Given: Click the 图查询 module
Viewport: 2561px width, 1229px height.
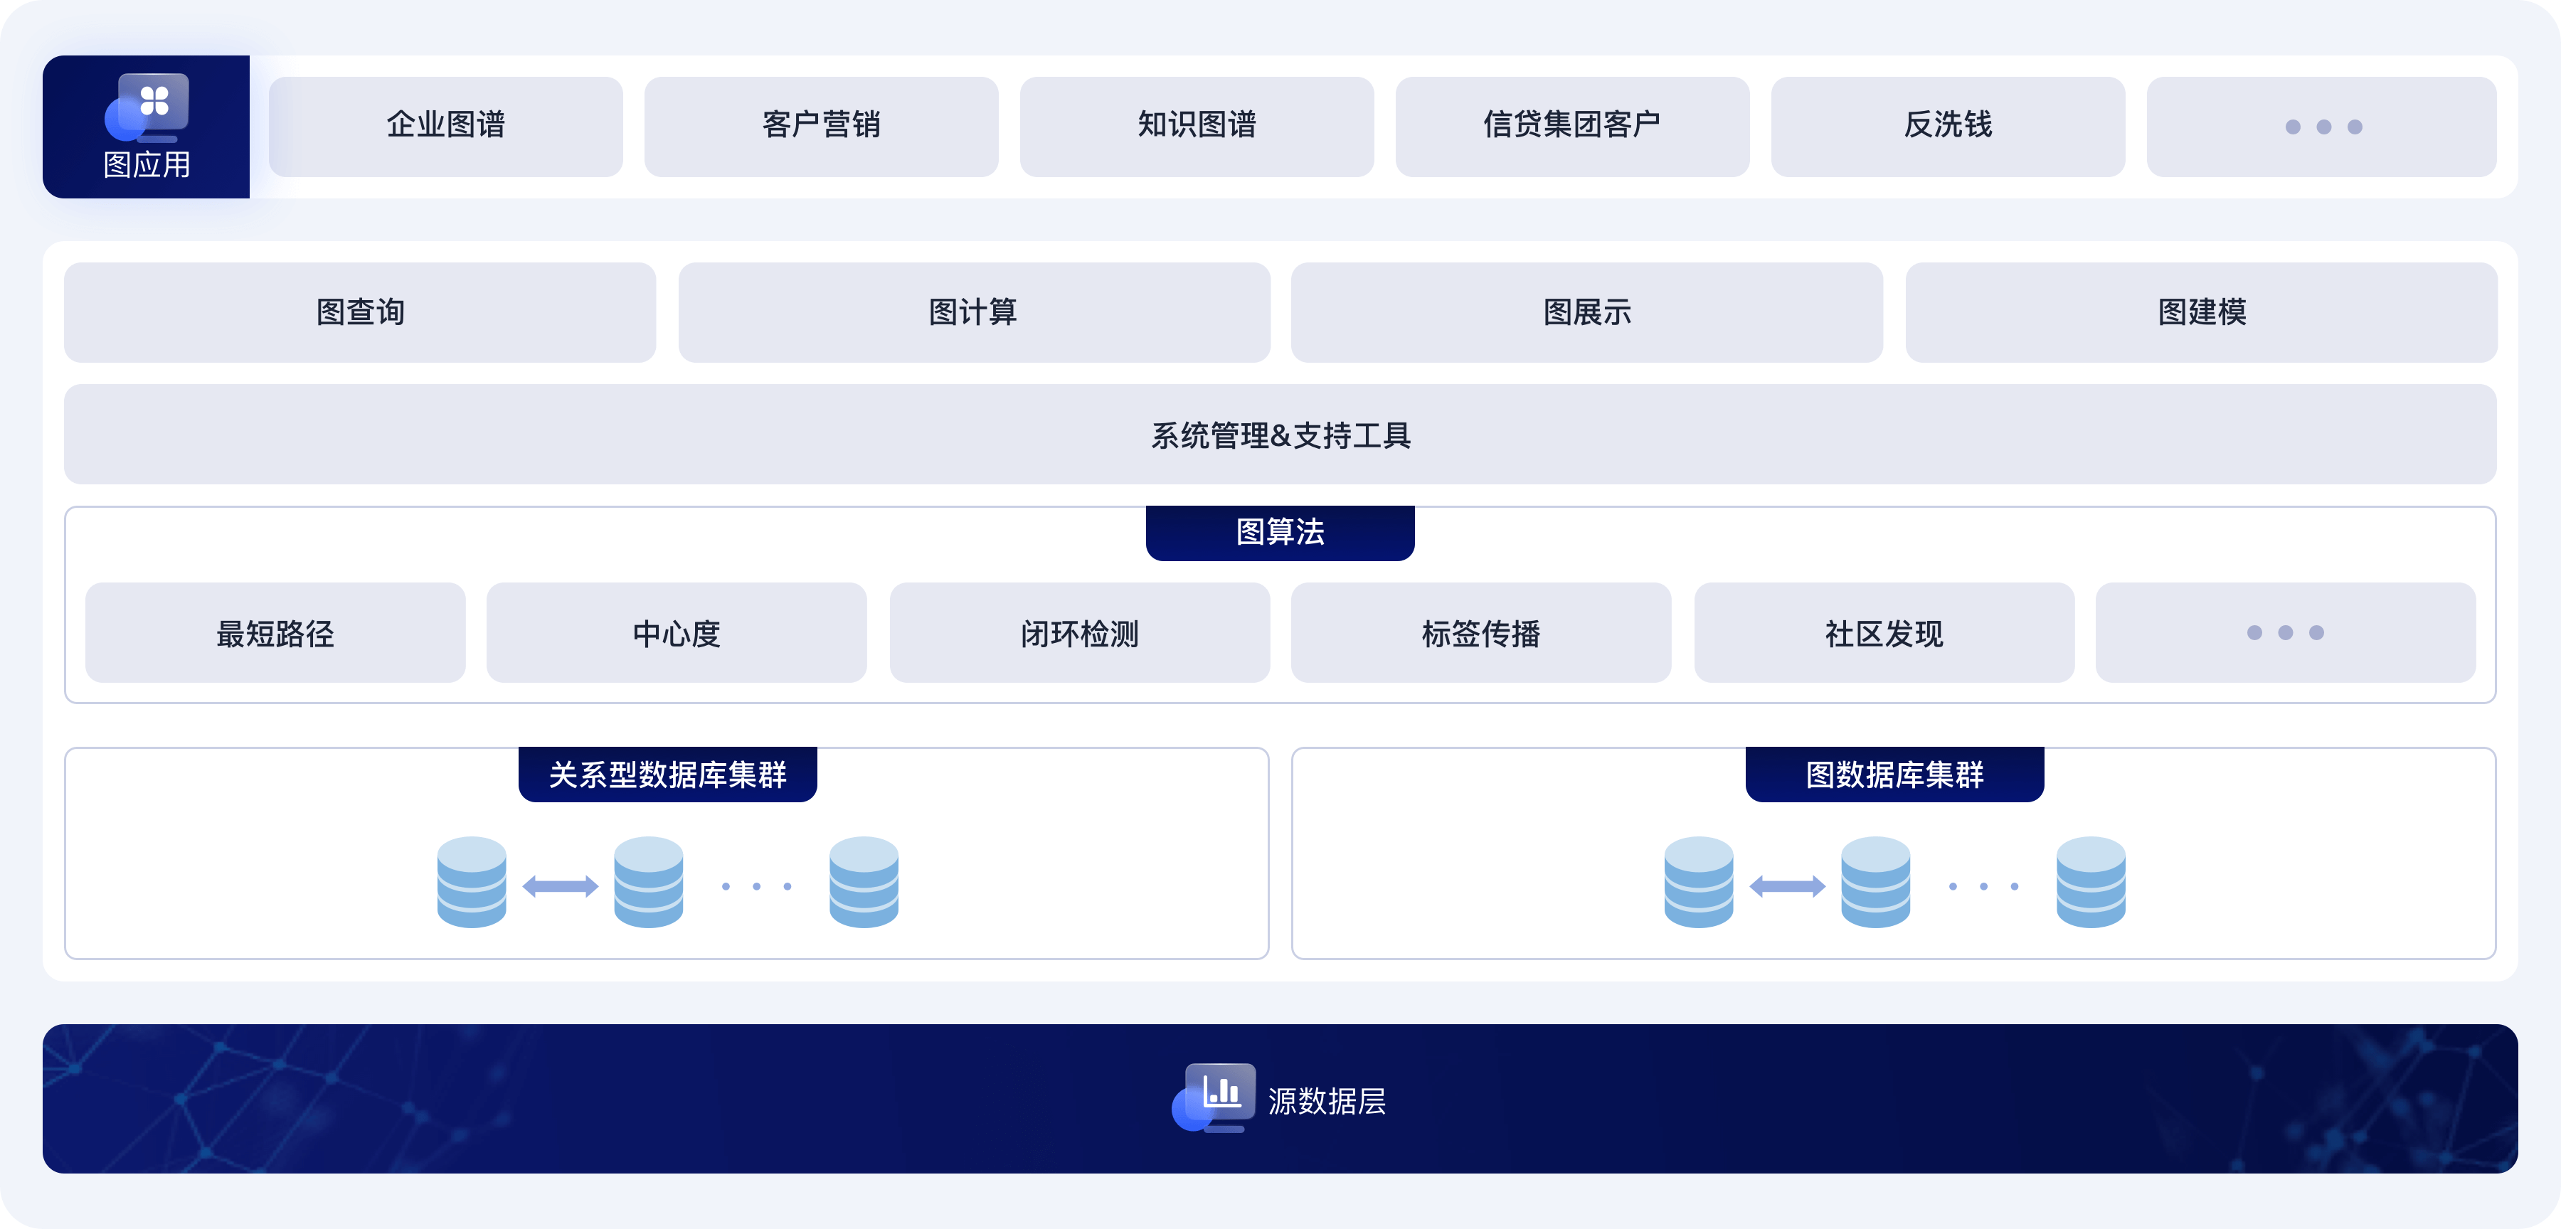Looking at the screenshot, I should point(360,312).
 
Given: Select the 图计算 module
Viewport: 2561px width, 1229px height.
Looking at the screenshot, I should point(973,312).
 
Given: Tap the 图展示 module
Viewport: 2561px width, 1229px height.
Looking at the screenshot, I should point(1586,312).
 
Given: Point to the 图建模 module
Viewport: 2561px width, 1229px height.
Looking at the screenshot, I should point(2201,312).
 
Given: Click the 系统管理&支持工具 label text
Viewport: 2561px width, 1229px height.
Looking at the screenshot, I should point(1280,435).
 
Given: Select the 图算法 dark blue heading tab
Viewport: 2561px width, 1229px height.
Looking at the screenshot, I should point(1280,533).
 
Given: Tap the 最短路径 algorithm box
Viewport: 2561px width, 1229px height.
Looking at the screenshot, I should point(275,634).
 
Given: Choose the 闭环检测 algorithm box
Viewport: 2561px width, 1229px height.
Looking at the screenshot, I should point(1080,634).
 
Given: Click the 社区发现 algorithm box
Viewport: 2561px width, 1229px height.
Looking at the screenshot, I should point(1884,634).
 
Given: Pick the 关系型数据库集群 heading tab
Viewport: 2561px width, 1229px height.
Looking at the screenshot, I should point(667,775).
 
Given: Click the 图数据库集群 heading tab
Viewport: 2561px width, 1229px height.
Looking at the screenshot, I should point(1894,775).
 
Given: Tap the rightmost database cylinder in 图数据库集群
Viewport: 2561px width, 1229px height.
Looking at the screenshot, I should point(2091,883).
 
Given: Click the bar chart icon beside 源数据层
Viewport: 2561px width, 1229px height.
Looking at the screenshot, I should point(1221,1092).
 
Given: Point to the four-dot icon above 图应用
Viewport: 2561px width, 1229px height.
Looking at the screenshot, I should point(154,100).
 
